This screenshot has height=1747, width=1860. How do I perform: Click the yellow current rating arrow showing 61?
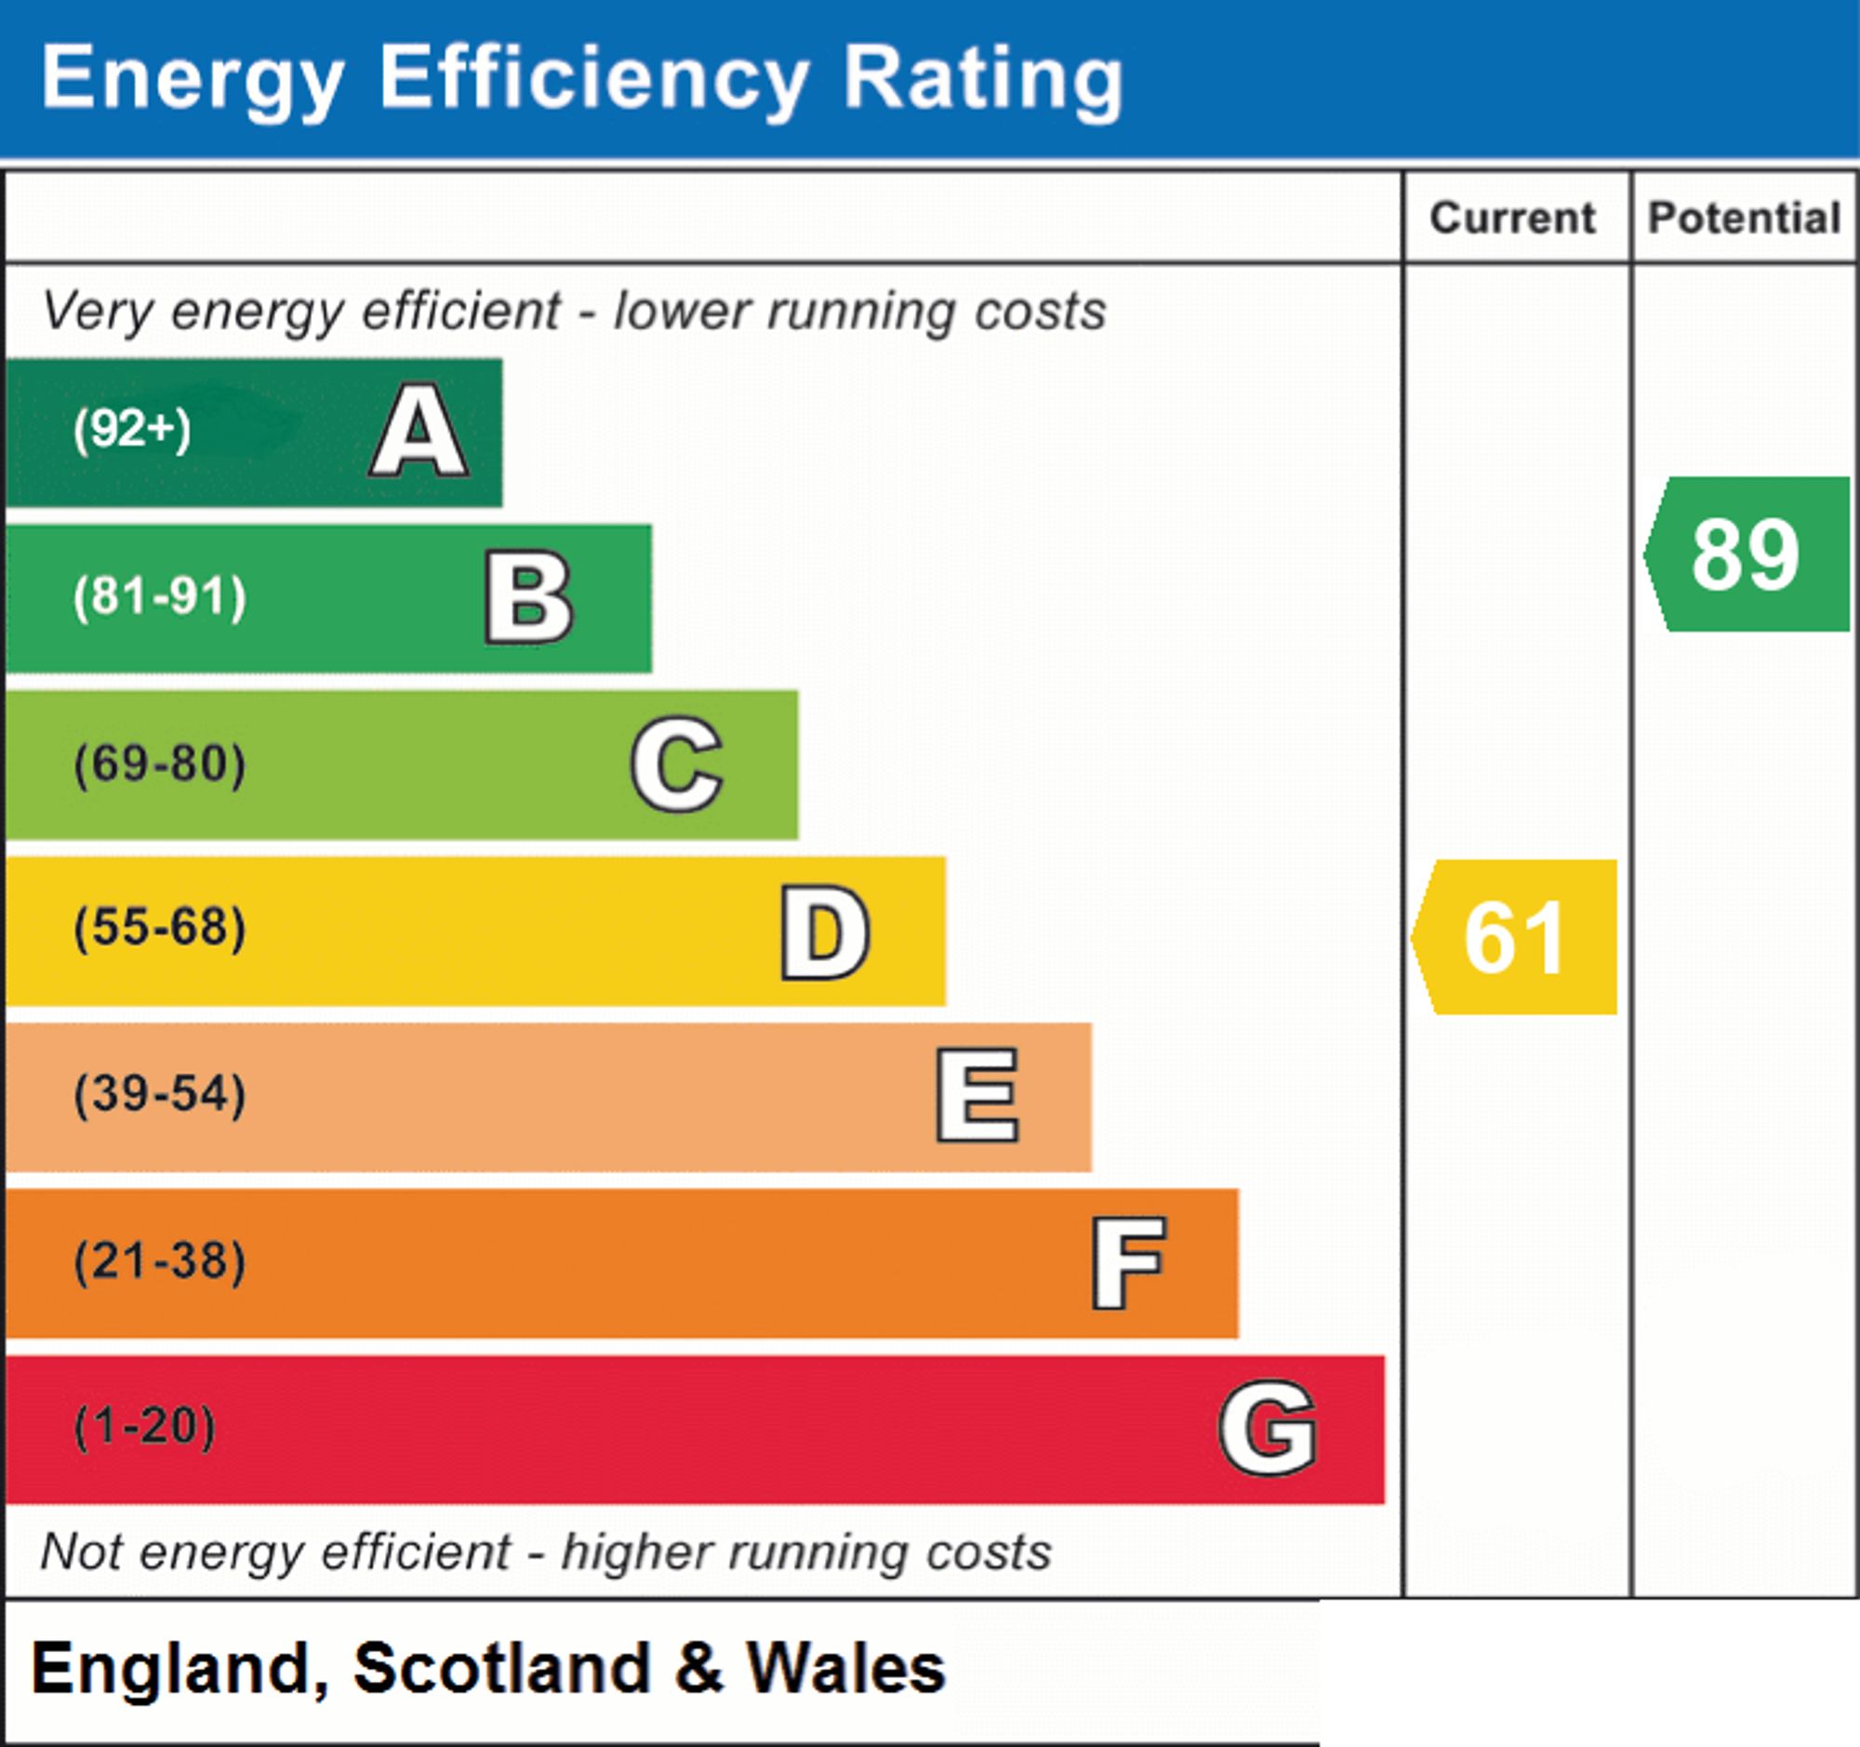1514,937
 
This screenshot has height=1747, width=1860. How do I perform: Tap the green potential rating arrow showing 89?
1747,553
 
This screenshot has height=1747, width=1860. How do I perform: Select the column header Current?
1513,218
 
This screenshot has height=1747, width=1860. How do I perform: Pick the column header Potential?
1744,218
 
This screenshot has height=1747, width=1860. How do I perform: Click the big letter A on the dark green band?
419,431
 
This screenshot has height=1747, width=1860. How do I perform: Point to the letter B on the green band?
528,598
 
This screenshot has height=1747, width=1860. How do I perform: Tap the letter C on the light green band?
676,764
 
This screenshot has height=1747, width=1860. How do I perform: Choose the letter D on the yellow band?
825,932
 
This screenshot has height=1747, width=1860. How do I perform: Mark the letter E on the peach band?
977,1095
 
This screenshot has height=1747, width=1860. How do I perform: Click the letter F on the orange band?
1128,1262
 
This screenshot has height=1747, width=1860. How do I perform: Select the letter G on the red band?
1269,1428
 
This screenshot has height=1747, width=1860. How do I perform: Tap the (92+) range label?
132,430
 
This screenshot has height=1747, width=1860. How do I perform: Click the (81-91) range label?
160,597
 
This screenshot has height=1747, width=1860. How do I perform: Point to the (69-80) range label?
160,764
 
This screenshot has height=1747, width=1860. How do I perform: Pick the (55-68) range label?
160,928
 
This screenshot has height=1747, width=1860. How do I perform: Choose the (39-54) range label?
160,1094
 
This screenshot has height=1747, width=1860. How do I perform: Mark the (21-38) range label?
160,1260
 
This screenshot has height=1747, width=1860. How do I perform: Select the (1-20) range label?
144,1427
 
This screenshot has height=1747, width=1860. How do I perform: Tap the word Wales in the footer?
844,1669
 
